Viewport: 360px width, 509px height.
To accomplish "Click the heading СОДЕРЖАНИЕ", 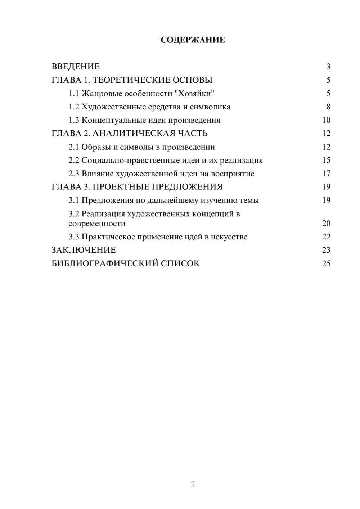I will tap(193, 40).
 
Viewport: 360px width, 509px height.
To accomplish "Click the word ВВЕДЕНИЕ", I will tap(76, 67).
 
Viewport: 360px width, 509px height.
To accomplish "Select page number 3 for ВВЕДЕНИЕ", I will tap(328, 67).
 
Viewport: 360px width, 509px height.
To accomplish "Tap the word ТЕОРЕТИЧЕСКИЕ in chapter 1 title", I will tap(132, 80).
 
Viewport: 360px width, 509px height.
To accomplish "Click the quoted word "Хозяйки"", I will tap(194, 94).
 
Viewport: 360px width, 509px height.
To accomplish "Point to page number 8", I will tap(328, 107).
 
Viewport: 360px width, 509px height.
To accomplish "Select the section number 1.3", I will tap(74, 120).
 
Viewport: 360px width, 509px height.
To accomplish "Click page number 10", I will tap(326, 120).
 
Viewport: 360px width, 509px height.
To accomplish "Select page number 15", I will tap(326, 161).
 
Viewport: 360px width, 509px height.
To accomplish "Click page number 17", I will tap(326, 174).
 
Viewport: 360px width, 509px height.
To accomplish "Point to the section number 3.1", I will tap(74, 201).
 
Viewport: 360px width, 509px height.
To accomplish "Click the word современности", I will tap(97, 224).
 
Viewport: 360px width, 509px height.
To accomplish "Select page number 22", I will tap(326, 237).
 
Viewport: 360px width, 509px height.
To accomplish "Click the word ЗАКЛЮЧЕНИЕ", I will tap(84, 250).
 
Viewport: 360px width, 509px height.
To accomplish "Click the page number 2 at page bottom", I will tap(193, 485).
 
